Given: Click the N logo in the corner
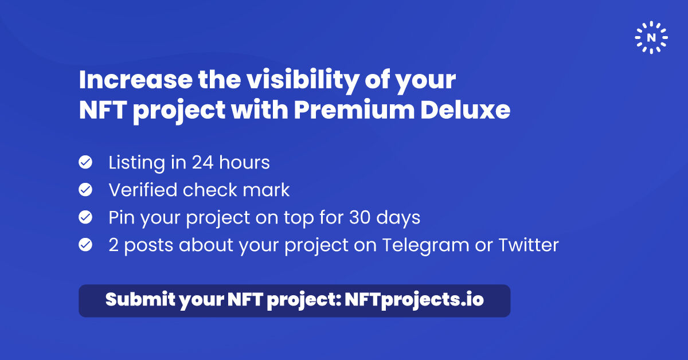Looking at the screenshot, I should click(651, 37).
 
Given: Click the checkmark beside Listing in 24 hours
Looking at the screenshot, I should click(85, 163).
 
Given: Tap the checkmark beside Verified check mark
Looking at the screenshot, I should click(85, 190).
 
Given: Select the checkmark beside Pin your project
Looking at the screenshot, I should click(85, 218).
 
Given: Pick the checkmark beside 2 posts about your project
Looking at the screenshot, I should click(85, 245).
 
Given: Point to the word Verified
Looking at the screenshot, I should click(143, 190).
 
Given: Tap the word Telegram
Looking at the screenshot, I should click(425, 245).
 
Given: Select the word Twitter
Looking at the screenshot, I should click(528, 245).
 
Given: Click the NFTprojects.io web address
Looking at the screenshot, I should click(415, 300).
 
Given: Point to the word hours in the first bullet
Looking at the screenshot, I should click(246, 163).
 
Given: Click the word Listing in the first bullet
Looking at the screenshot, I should click(135, 163).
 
